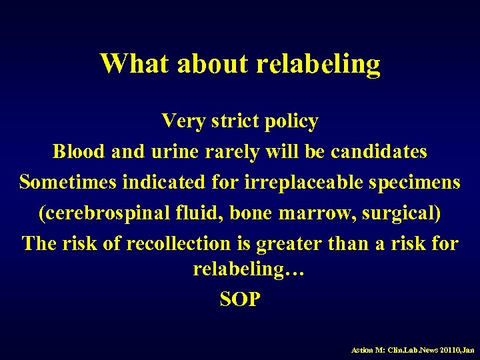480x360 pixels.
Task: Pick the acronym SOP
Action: point(240,299)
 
